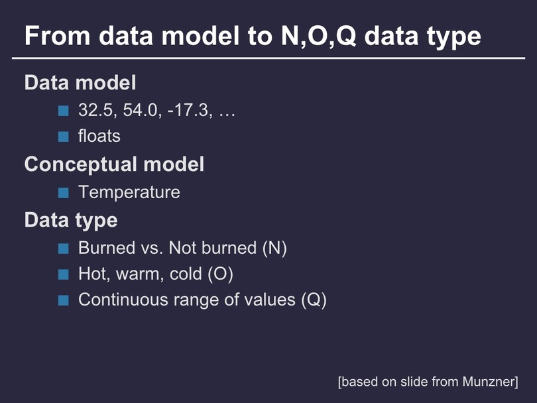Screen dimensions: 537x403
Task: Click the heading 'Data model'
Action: coord(80,82)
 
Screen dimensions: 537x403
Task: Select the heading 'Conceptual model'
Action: coord(115,165)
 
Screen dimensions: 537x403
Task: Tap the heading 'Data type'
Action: coord(71,221)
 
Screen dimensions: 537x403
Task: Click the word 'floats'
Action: coord(99,136)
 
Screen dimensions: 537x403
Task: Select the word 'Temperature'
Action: coord(129,192)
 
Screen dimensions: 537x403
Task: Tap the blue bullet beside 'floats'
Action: coord(64,137)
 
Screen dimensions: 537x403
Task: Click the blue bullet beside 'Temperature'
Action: coord(64,193)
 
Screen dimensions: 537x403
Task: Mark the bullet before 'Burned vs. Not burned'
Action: coord(64,249)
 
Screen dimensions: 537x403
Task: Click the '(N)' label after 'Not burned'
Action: coord(274,248)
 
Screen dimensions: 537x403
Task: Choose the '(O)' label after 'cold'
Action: coord(221,274)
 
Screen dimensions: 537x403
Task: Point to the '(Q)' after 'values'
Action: coord(314,300)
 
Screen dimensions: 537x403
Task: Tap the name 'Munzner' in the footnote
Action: coord(491,381)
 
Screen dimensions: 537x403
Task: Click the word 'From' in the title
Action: coord(57,36)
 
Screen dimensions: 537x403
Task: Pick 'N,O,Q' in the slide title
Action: coord(318,36)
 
